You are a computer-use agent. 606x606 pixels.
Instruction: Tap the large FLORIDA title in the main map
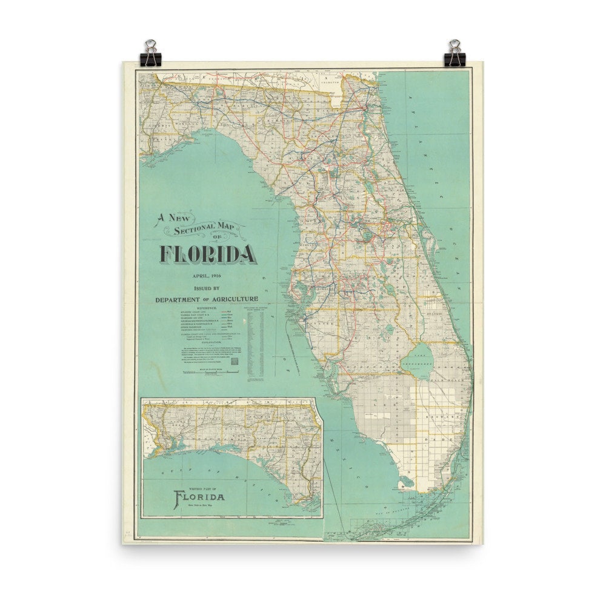(x=207, y=254)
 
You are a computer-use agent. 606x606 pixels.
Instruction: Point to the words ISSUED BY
(x=207, y=288)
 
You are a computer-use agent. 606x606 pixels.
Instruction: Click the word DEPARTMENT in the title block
(x=178, y=299)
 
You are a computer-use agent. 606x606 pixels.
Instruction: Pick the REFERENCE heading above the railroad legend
(x=207, y=308)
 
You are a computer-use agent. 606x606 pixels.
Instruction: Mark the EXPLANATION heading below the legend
(x=207, y=342)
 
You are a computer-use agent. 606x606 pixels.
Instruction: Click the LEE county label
(x=388, y=394)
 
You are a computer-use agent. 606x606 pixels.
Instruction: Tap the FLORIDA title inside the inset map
(x=199, y=498)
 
